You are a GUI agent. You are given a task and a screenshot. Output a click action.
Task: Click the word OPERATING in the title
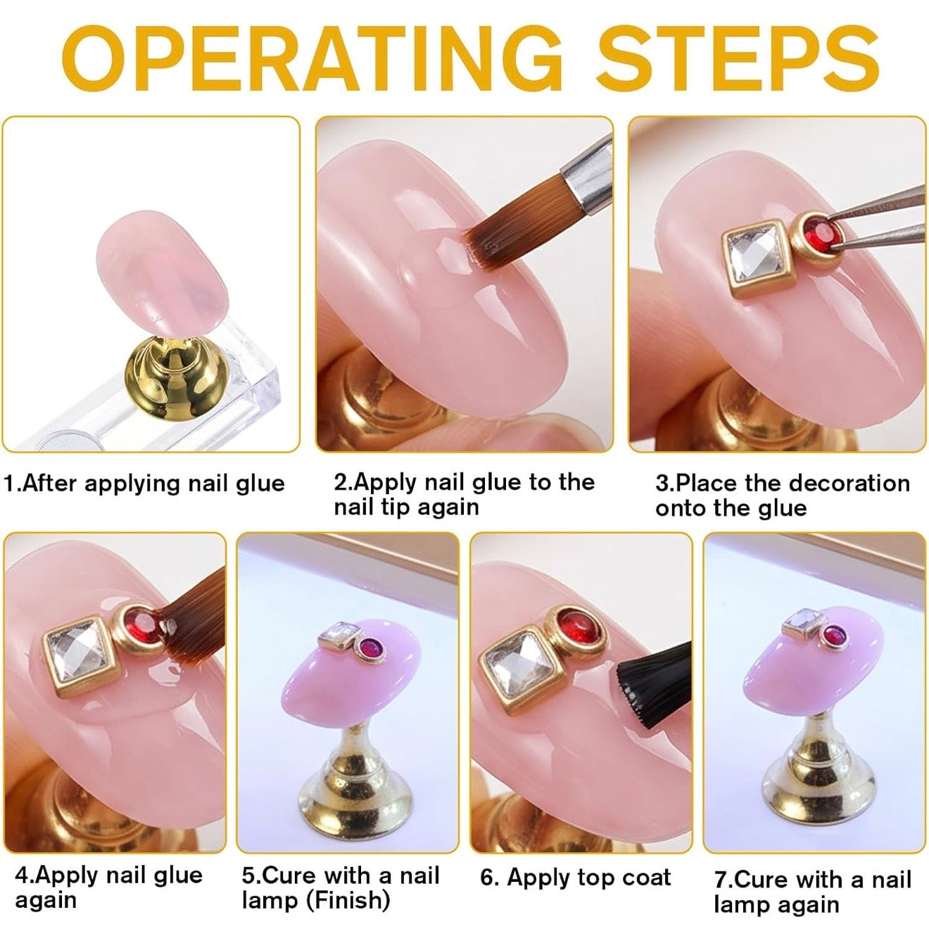click(312, 58)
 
